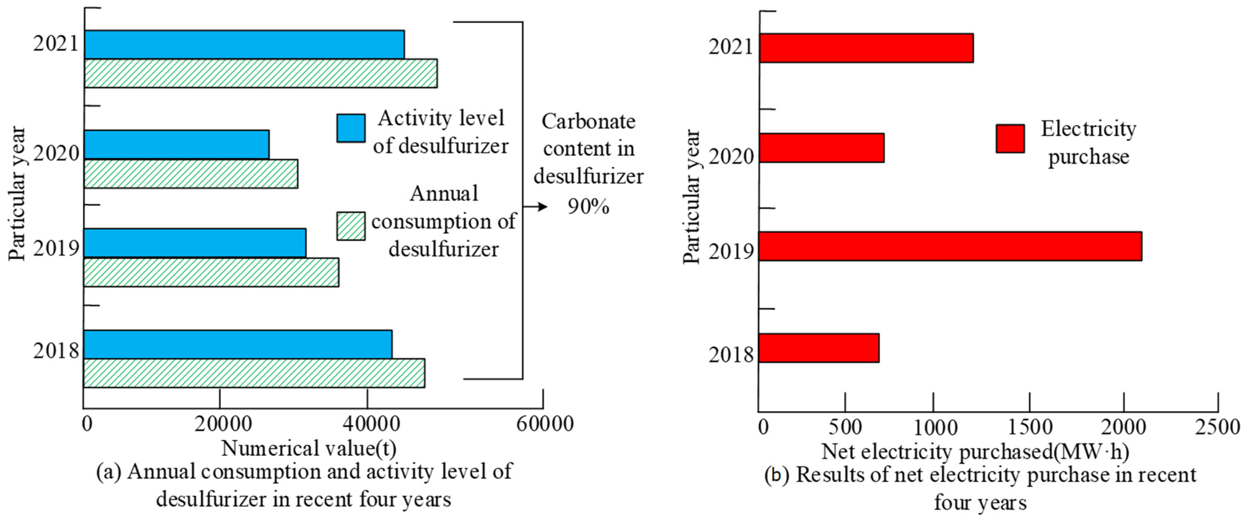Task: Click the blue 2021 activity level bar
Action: [x=244, y=44]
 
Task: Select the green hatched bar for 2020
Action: [x=191, y=173]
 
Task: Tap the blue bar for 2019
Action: [x=195, y=243]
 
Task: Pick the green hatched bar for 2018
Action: [x=254, y=373]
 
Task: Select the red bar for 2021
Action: [x=866, y=48]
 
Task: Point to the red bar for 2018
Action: [x=819, y=348]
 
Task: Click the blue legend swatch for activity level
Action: [x=351, y=128]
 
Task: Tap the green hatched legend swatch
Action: [x=351, y=226]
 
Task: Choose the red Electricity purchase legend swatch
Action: [x=1010, y=139]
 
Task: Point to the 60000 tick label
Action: [x=545, y=424]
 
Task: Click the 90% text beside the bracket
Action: [x=588, y=207]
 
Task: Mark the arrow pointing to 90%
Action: [x=536, y=207]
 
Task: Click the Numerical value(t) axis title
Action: [x=309, y=449]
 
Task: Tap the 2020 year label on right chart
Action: [x=731, y=157]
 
